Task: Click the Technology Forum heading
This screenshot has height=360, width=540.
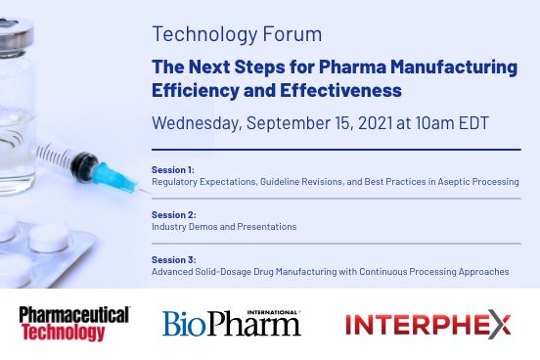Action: [x=237, y=34]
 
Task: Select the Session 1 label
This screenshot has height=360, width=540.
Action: [x=172, y=169]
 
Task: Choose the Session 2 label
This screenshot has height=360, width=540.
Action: [x=173, y=214]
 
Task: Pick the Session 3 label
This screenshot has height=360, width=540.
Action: [x=173, y=259]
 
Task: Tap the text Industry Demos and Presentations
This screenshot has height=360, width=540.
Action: [x=223, y=227]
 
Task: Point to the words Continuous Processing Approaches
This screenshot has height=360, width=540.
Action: [x=433, y=272]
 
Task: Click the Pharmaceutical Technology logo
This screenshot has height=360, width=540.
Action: [x=74, y=324]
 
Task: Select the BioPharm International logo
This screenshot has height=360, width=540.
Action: [x=232, y=324]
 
